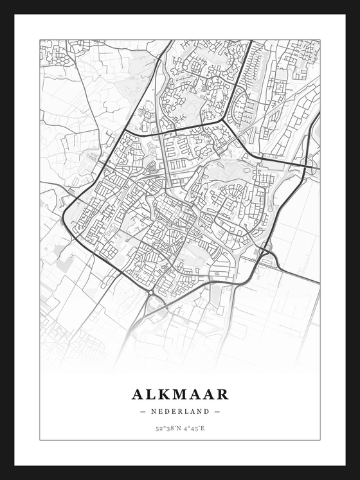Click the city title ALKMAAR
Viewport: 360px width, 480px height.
(x=180, y=394)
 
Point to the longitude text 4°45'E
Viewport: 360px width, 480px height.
(x=194, y=427)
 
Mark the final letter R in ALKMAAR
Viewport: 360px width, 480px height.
(x=222, y=394)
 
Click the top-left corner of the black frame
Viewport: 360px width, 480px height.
(x=2, y=2)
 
